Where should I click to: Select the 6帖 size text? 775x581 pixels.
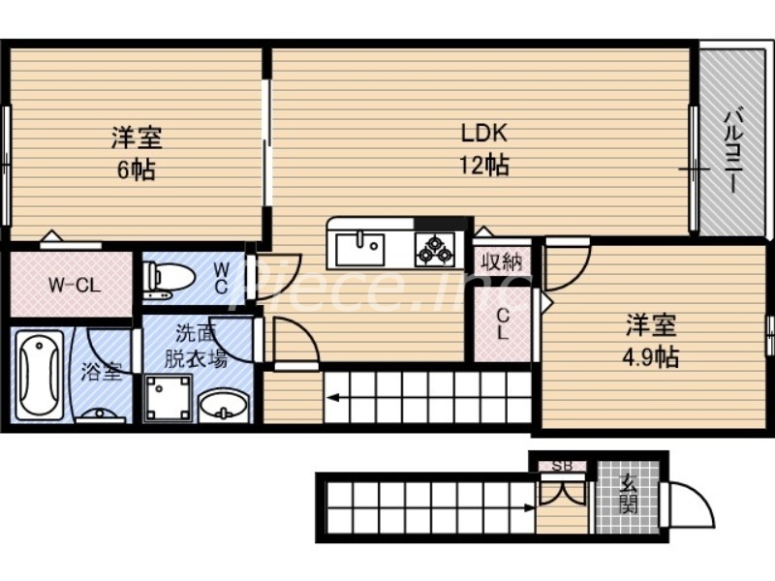pos(137,169)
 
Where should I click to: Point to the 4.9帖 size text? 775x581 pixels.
pos(649,356)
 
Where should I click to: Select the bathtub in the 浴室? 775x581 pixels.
pos(40,373)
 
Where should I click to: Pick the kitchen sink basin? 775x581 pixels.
pos(359,249)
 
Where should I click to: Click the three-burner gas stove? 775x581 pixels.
pos(435,249)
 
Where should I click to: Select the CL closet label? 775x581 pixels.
pos(503,323)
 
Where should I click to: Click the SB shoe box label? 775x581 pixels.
pos(563,466)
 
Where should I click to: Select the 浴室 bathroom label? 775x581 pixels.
pos(103,371)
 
